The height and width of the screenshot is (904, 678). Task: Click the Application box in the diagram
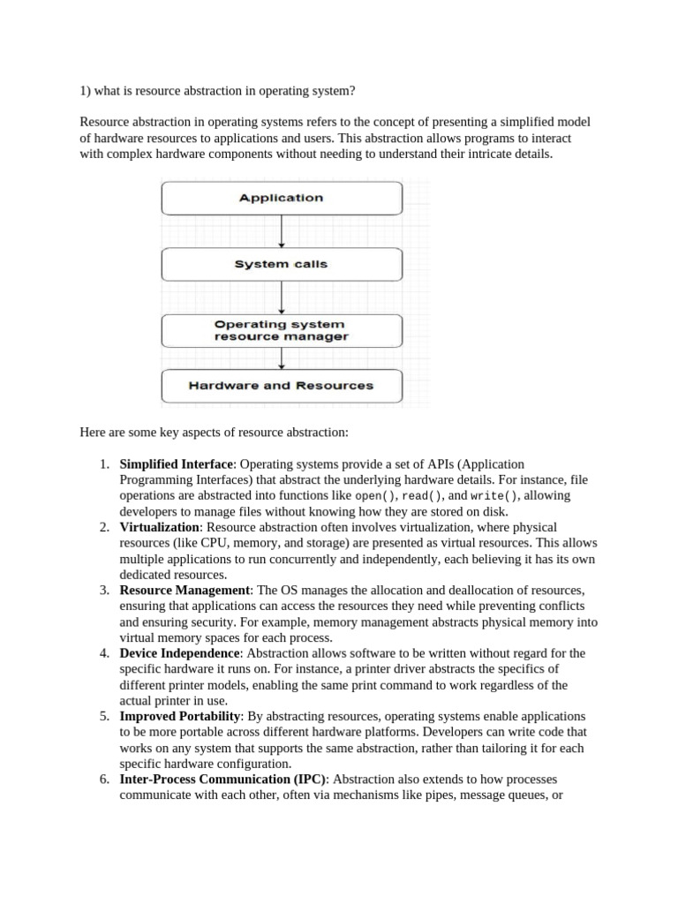281,198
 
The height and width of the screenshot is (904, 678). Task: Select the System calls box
281,264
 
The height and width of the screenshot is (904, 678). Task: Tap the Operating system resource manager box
281,330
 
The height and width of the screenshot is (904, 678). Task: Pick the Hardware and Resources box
281,386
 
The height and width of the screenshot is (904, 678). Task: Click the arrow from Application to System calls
282,231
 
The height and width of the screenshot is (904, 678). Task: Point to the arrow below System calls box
282,297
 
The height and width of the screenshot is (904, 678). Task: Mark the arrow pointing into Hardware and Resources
282,358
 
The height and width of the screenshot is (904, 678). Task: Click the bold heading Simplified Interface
177,463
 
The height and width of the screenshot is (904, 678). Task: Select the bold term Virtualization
160,527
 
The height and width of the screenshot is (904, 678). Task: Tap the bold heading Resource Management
185,590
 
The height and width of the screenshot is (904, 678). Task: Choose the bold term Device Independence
179,653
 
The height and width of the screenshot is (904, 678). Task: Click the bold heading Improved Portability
179,717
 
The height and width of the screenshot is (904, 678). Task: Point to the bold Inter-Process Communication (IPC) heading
222,780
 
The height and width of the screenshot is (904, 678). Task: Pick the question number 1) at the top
86,91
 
